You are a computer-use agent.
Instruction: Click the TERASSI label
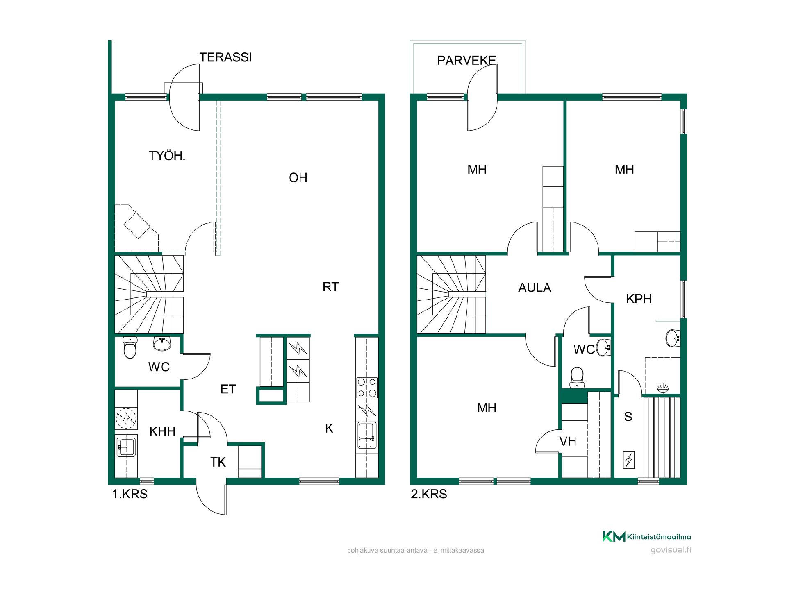tap(225, 57)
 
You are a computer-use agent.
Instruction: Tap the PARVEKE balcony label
tap(466, 61)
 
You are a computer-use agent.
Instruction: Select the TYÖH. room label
tap(167, 156)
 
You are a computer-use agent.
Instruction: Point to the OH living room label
tap(298, 177)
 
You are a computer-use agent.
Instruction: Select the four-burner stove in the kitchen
tap(367, 387)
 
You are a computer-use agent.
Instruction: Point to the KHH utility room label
tap(162, 431)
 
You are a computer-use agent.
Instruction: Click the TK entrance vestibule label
tap(218, 462)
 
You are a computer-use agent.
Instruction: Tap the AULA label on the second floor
tap(535, 288)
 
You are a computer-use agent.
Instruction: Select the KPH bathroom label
tap(639, 299)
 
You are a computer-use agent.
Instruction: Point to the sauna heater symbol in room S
tap(628, 460)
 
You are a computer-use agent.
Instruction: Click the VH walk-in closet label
tap(568, 441)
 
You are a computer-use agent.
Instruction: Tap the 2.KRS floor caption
tap(429, 494)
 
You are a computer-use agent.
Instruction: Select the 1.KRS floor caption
tap(130, 494)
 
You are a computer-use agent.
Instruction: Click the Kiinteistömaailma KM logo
tap(647, 537)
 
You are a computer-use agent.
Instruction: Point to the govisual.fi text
tap(671, 550)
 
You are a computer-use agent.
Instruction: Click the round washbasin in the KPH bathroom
tap(673, 338)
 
